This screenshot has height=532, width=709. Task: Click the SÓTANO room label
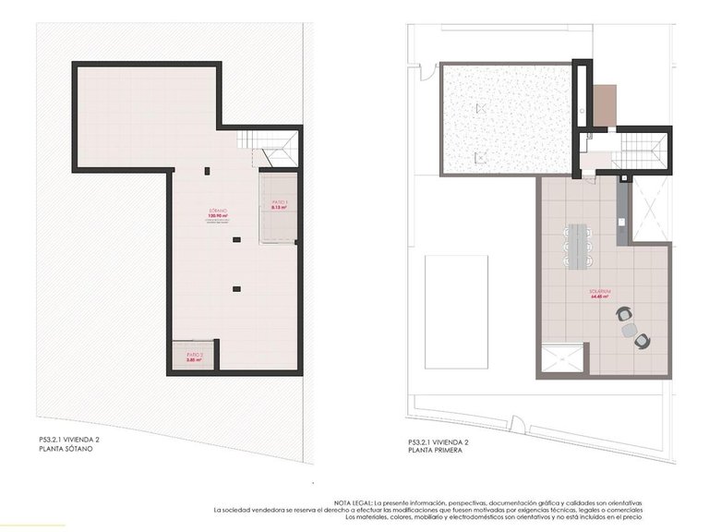218,212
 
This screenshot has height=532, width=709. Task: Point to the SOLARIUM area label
603,293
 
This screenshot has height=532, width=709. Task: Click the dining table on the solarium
578,242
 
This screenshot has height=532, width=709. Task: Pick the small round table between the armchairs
630,329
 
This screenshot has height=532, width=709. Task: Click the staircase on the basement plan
269,148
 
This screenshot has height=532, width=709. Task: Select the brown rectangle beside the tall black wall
605,105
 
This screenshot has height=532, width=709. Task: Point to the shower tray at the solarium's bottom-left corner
561,359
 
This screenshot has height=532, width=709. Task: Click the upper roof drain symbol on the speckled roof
479,108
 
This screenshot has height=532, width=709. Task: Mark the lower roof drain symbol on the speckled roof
478,158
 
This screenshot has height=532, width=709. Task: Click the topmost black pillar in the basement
207,170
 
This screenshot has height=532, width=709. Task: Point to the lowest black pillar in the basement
237,289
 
